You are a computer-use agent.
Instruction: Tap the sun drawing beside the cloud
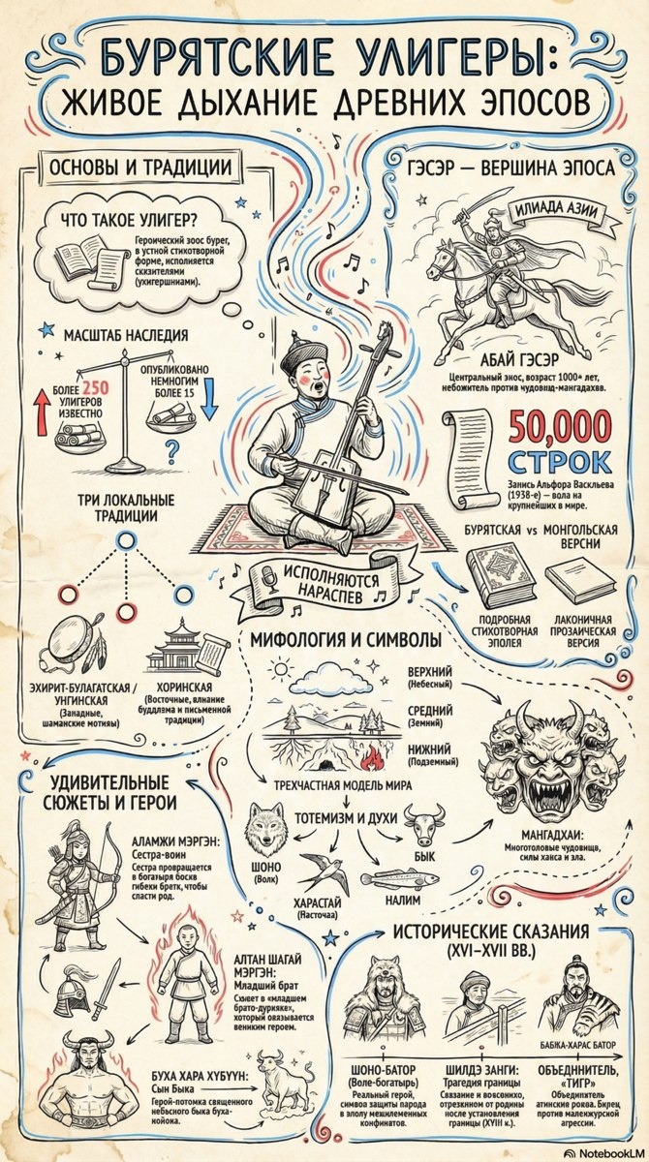[282, 668]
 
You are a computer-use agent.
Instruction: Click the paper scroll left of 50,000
[469, 455]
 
